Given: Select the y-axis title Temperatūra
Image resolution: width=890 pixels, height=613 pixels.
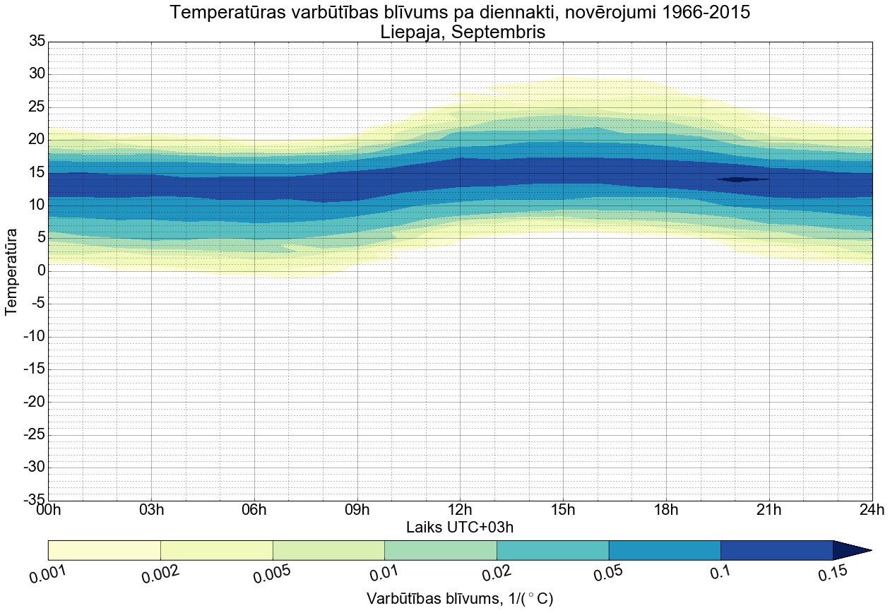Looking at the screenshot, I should [12, 271].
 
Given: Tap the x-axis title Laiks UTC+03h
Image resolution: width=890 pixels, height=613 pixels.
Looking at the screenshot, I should [460, 527].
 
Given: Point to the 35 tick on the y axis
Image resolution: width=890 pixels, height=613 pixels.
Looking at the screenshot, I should [37, 42].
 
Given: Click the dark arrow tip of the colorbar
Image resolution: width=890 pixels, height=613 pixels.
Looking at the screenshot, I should [855, 550].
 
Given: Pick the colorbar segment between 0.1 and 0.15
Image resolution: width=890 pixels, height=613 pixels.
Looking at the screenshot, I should [776, 550].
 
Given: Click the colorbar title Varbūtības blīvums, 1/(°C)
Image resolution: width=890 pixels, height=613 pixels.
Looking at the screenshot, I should [460, 599].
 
